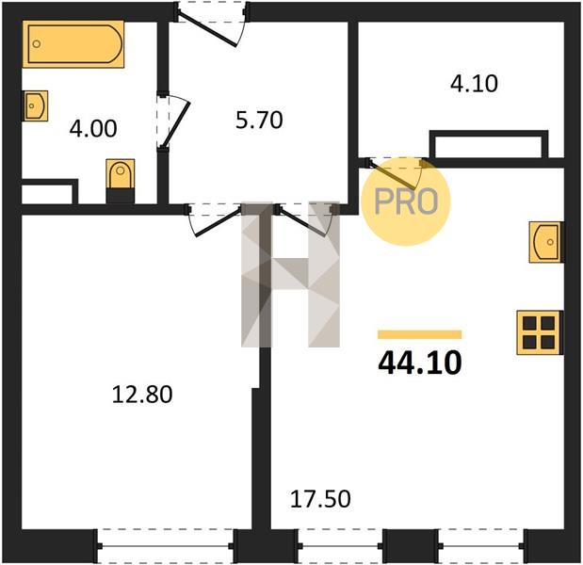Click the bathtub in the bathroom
point(73,44)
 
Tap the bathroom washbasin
point(36,105)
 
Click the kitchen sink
point(546,242)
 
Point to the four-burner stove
point(540,332)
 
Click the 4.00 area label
point(93,129)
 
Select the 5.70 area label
point(259,121)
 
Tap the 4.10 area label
point(474,84)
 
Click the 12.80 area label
point(142,395)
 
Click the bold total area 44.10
point(420,363)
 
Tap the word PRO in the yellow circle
point(406,202)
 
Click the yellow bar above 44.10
point(420,334)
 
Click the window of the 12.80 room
point(166,545)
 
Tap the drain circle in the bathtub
point(37,44)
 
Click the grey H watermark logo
point(290,274)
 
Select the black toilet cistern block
point(121,196)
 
